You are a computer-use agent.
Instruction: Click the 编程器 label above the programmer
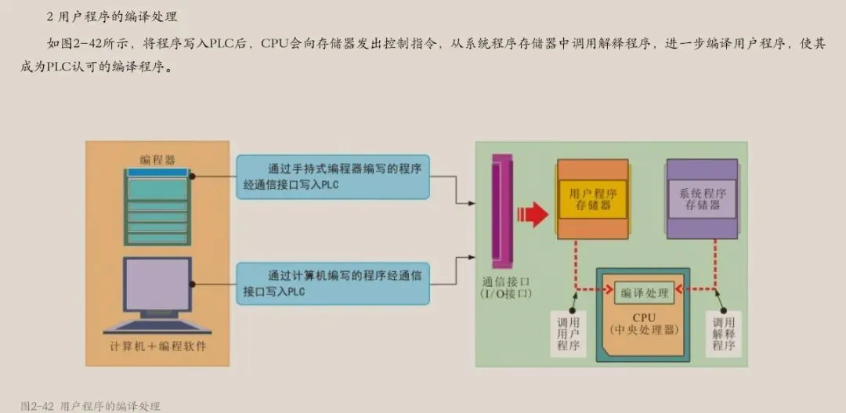[x=157, y=159]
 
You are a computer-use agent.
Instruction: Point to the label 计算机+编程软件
[x=157, y=346]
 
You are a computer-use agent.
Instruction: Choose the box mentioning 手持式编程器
[x=333, y=176]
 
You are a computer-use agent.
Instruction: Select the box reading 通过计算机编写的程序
[x=333, y=283]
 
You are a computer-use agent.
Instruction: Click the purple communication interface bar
[x=497, y=208]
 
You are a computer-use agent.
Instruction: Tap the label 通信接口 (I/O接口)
[x=507, y=287]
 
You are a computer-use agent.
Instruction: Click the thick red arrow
[x=535, y=212]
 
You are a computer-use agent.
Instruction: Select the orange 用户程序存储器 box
[x=592, y=197]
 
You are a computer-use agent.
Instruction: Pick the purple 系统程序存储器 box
[x=702, y=198]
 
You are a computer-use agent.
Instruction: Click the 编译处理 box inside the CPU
[x=645, y=292]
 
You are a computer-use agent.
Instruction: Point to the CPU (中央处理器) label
[x=644, y=324]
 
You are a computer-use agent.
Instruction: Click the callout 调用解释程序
[x=723, y=333]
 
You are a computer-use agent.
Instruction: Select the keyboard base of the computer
[x=157, y=324]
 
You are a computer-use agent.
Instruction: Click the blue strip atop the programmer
[x=157, y=172]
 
